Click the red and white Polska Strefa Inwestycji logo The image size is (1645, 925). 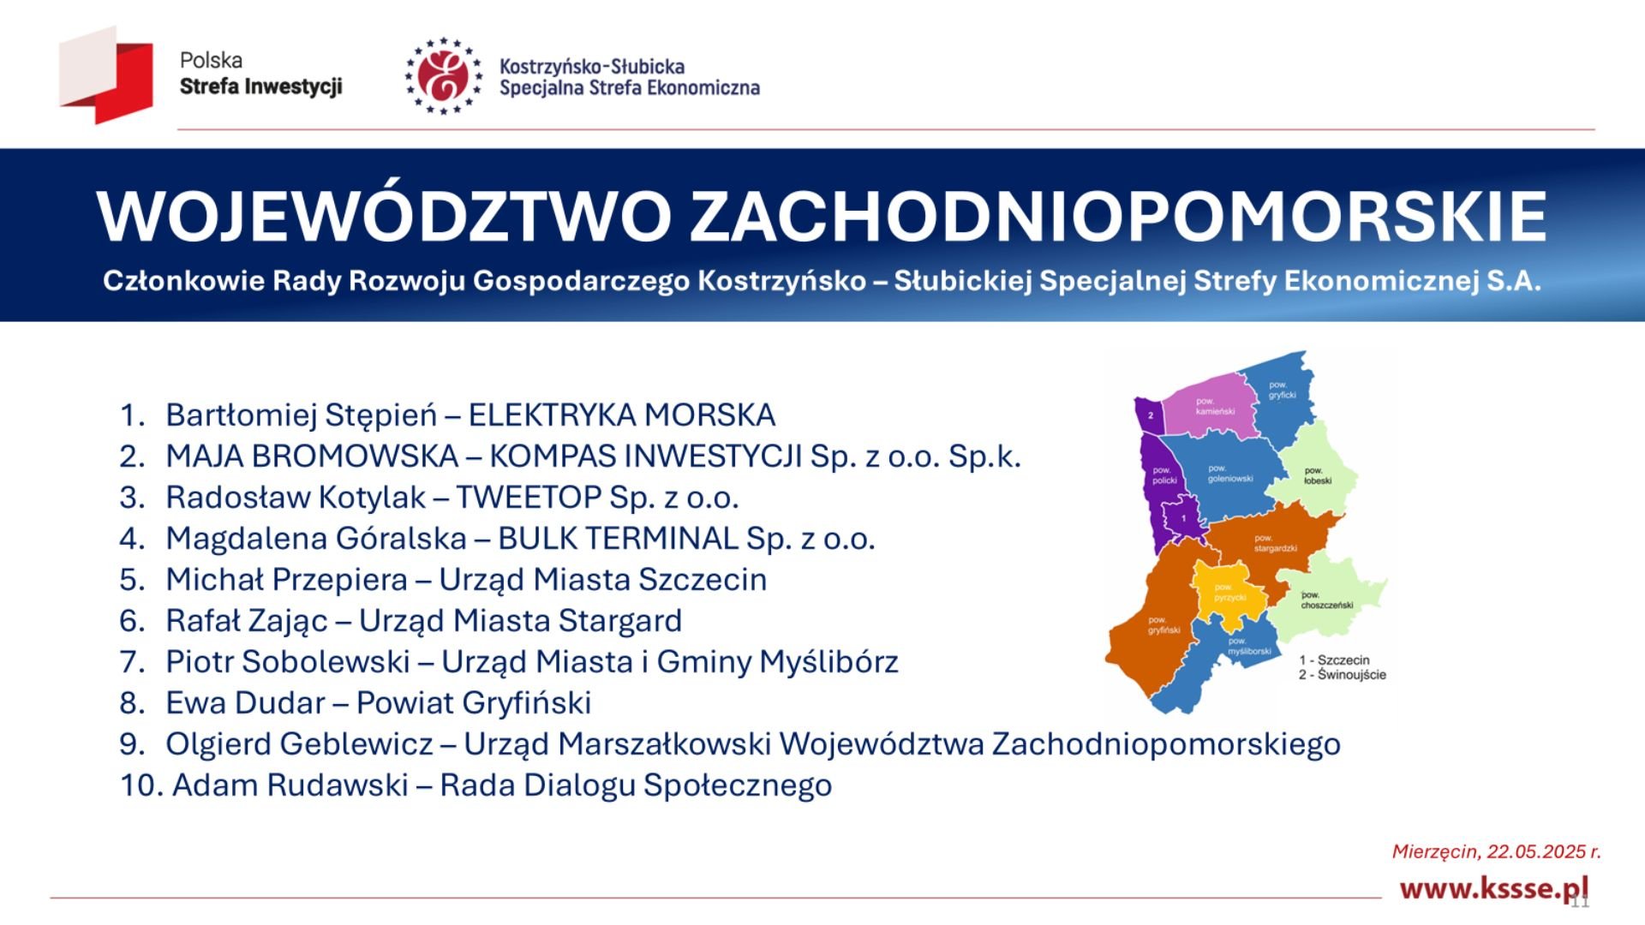[x=106, y=75]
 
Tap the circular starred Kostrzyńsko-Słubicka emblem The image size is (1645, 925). [x=443, y=76]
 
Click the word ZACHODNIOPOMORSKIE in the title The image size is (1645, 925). [x=1118, y=215]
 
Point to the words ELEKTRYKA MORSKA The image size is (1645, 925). [x=622, y=415]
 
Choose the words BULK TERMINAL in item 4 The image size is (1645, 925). [x=618, y=539]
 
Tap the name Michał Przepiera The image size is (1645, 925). [x=286, y=580]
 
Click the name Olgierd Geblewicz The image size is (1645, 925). [x=299, y=744]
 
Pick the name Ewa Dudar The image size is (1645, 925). [x=245, y=703]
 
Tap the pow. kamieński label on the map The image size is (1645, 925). [x=1215, y=406]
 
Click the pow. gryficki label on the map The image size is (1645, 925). [x=1282, y=391]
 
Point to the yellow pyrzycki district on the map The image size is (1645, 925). [x=1229, y=593]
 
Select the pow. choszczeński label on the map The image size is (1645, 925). [x=1326, y=600]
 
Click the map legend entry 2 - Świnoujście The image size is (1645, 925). [x=1342, y=675]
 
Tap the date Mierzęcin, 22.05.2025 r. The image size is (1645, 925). [x=1496, y=851]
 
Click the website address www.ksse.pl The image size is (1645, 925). [x=1493, y=888]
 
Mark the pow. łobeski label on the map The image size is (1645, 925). [x=1318, y=475]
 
